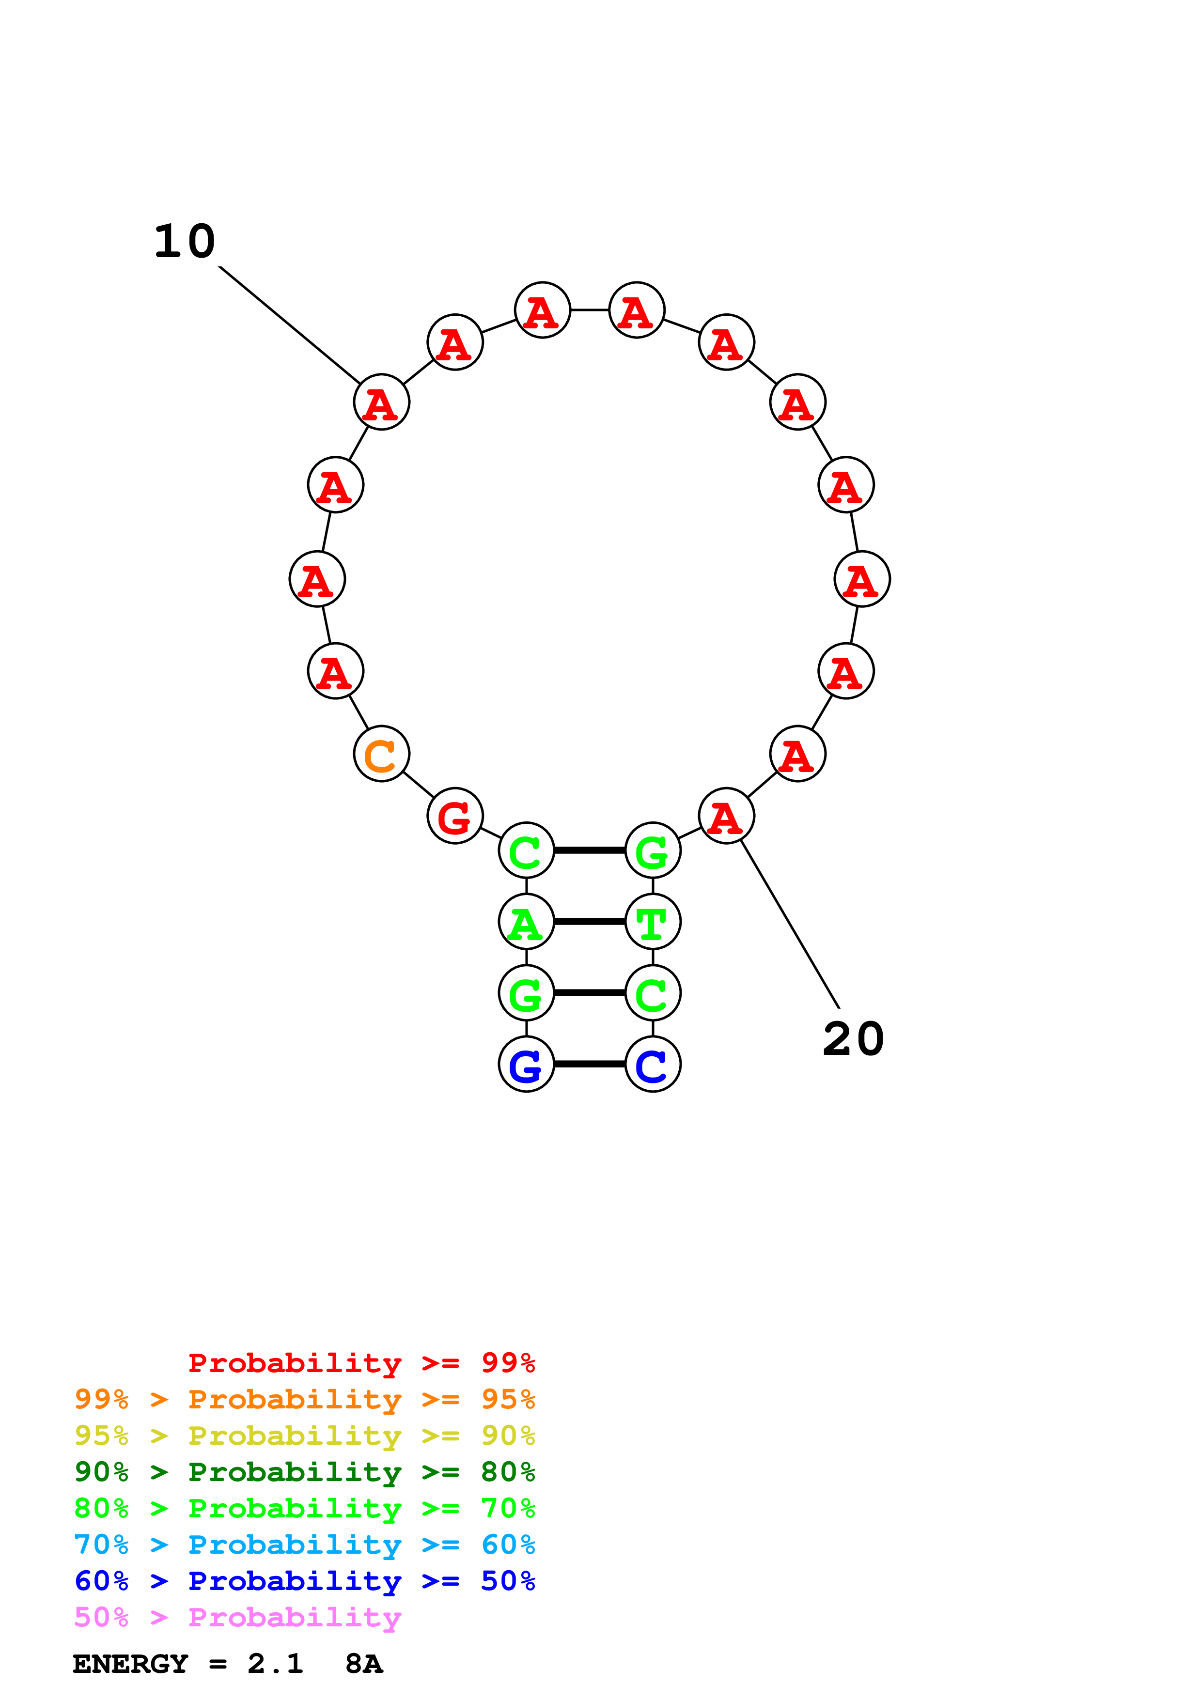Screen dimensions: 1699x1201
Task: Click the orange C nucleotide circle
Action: click(x=381, y=754)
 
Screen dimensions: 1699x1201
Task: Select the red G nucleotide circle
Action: click(x=454, y=816)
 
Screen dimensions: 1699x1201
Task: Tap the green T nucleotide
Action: click(x=653, y=922)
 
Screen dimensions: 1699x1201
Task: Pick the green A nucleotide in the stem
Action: click(x=526, y=922)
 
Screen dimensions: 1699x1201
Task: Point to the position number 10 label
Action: click(x=184, y=242)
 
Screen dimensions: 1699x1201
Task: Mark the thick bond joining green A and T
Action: click(x=589, y=922)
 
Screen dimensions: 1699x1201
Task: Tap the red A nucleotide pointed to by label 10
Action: click(x=381, y=402)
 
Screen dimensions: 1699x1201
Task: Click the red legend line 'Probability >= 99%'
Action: click(x=361, y=1363)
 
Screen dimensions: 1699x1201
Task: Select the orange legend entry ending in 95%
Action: click(x=305, y=1399)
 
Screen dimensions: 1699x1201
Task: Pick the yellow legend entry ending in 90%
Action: click(x=305, y=1436)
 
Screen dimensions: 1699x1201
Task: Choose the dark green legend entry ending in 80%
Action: click(x=305, y=1472)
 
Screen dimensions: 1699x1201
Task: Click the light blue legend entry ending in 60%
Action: click(x=305, y=1545)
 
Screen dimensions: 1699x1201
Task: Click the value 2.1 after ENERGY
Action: click(x=275, y=1664)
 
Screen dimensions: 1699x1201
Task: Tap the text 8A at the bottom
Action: click(x=363, y=1664)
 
